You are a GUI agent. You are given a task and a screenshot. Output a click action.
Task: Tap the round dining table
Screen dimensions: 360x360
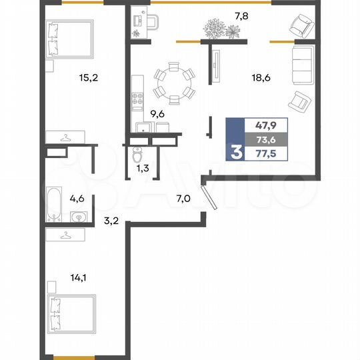[x=173, y=82]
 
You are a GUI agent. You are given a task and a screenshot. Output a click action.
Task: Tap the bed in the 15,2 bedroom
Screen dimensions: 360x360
[x=69, y=39]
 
